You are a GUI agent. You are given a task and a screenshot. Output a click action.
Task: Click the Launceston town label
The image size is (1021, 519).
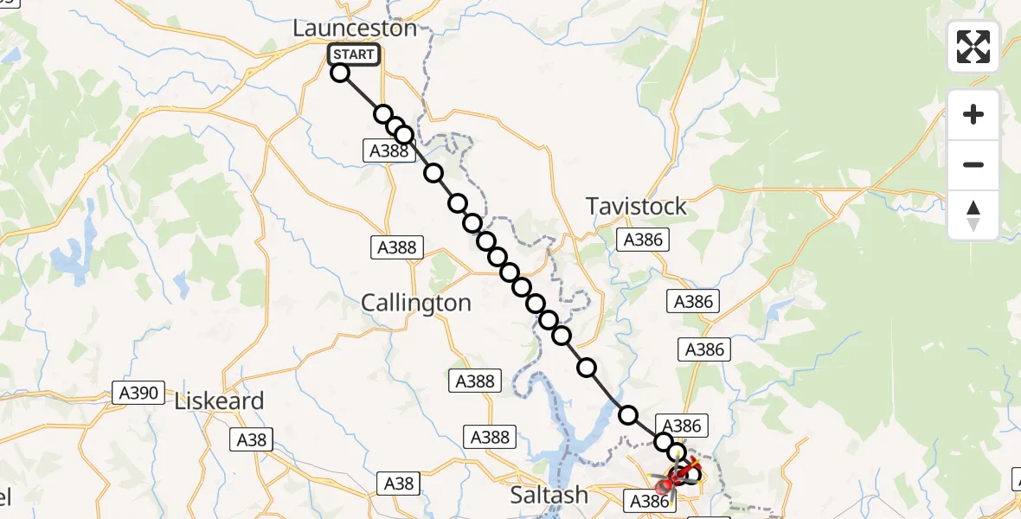(x=355, y=28)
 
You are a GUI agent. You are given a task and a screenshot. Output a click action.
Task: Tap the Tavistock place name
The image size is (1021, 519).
(x=636, y=206)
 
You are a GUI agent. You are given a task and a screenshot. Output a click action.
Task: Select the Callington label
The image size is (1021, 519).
(x=416, y=303)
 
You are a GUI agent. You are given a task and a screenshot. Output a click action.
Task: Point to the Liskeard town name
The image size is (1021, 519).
(x=219, y=401)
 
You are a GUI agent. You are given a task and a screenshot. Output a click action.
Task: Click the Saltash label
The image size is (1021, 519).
(x=549, y=495)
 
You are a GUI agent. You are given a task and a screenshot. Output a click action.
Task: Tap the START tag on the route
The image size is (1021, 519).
(x=353, y=54)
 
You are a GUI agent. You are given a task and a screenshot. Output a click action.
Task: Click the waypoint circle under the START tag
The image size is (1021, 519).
(x=340, y=73)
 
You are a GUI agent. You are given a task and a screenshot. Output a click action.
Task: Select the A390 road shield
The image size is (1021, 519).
(x=138, y=394)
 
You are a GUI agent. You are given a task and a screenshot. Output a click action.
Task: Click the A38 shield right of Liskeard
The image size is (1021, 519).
(x=254, y=439)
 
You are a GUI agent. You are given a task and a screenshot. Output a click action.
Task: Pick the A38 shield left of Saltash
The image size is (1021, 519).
(x=398, y=484)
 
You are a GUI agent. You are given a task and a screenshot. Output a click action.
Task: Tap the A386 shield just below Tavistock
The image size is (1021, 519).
(x=642, y=240)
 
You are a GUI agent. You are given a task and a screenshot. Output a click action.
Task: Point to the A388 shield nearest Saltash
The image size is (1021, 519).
(x=491, y=437)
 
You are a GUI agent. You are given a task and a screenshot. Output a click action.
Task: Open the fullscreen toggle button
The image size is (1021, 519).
(x=973, y=47)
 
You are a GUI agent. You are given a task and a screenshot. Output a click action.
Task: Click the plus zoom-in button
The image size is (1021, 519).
(x=973, y=114)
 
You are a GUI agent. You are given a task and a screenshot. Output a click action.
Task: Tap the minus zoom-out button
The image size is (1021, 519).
(x=973, y=165)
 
